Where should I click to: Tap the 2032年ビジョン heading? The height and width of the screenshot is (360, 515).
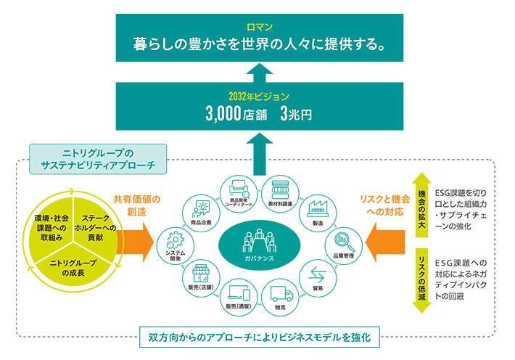point(257,96)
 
